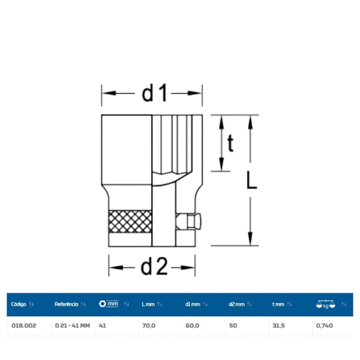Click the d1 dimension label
(155, 93)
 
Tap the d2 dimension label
(154, 266)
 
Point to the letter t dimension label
(230, 143)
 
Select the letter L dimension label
(251, 181)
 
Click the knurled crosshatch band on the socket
(130, 222)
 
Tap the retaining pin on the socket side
(189, 222)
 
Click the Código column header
(19, 304)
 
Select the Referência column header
(66, 304)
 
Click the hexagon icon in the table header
(102, 304)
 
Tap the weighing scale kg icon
(326, 304)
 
